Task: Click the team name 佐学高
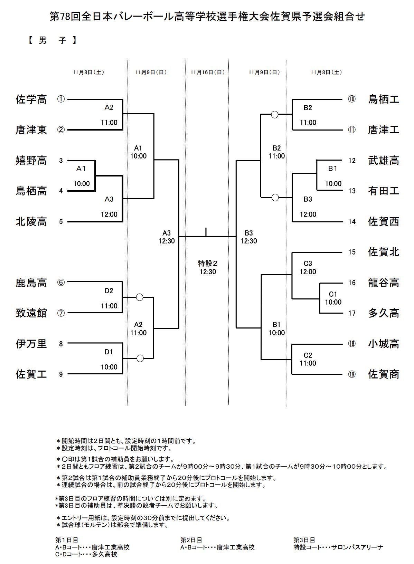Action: click(31, 99)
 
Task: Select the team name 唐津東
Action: click(31, 130)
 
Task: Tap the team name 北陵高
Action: click(31, 221)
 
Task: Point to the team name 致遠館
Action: click(31, 313)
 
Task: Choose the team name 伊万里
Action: click(31, 344)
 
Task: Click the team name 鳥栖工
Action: click(384, 99)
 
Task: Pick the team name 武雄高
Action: click(384, 161)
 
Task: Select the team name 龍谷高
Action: click(384, 283)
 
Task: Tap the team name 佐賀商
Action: click(384, 374)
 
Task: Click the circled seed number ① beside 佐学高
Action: click(61, 99)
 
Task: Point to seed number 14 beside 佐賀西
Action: click(352, 222)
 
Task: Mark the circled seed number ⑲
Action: click(352, 374)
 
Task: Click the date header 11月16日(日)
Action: click(207, 72)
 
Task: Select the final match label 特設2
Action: click(208, 263)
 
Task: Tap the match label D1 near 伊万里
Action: click(109, 352)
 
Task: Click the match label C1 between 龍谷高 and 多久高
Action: click(333, 294)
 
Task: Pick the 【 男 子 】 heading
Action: click(52, 41)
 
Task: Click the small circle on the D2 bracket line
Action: click(140, 297)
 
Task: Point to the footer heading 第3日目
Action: click(304, 540)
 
